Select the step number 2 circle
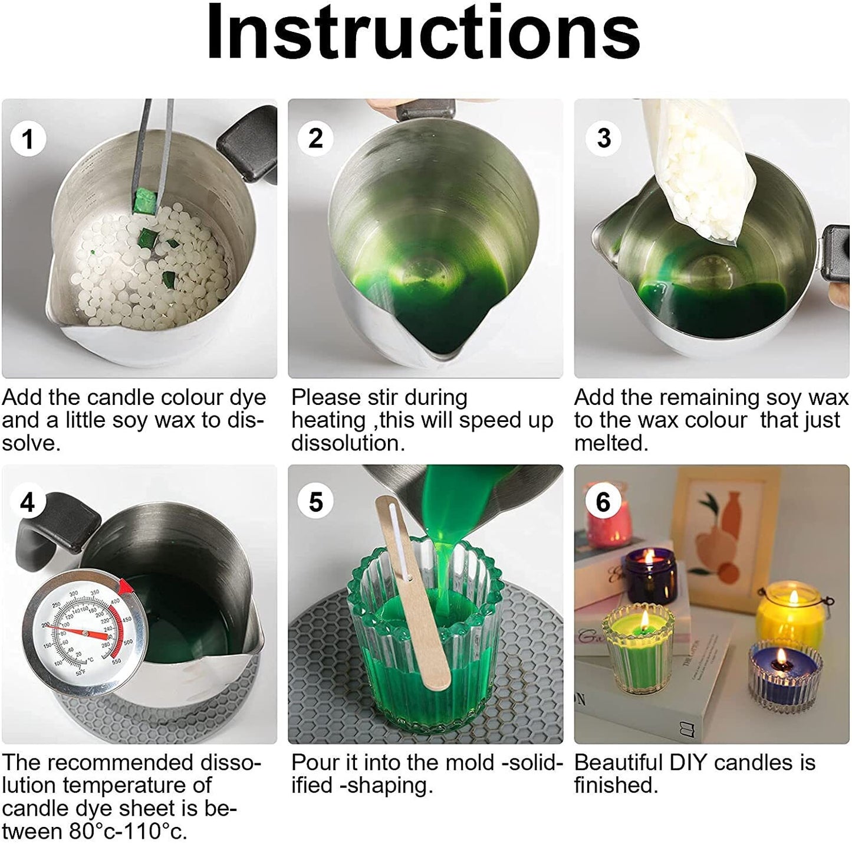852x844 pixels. coord(315,138)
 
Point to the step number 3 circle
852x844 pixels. coord(603,138)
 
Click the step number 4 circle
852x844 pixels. coord(28,502)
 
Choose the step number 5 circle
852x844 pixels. coord(315,502)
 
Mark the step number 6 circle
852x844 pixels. coord(603,502)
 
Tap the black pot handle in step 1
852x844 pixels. coord(248,148)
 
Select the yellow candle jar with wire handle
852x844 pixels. coord(790,614)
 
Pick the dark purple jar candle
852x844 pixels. coord(649,575)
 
